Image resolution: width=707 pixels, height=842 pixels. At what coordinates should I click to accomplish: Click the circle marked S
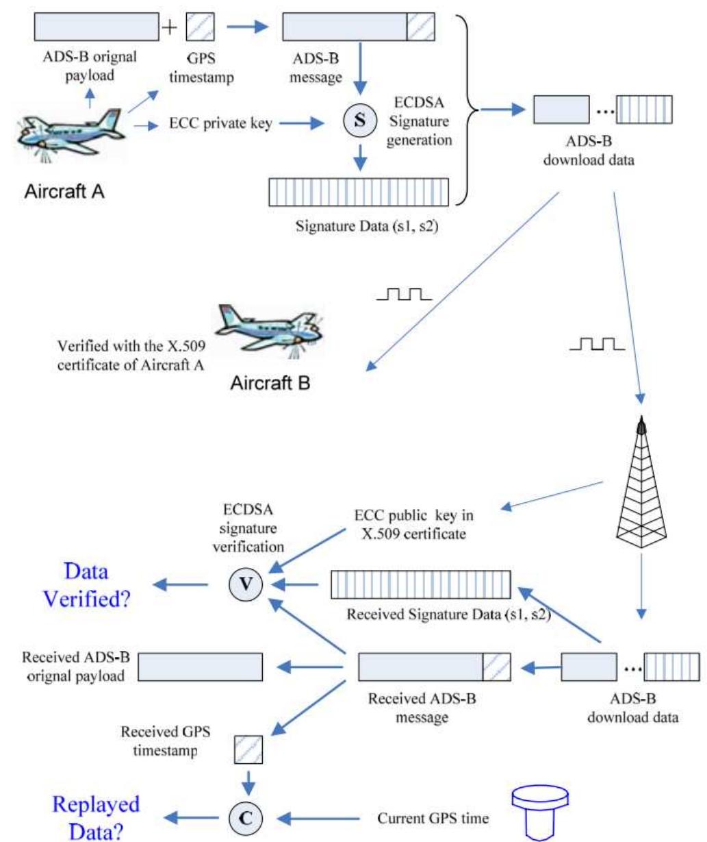359,122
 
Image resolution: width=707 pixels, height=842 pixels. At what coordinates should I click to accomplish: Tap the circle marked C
244,817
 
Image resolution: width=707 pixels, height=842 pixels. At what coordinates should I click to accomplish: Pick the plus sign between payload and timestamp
168,27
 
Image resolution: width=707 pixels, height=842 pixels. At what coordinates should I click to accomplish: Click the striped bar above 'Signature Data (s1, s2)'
359,192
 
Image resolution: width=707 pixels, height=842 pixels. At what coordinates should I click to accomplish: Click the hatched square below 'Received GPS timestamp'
248,750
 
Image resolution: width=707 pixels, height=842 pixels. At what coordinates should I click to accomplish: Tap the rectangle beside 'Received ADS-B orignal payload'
201,667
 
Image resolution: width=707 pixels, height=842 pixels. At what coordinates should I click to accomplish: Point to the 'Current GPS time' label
433,818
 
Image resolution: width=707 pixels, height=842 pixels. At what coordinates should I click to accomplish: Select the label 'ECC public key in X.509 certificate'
413,524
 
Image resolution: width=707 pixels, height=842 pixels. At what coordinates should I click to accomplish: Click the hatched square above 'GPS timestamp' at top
201,27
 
